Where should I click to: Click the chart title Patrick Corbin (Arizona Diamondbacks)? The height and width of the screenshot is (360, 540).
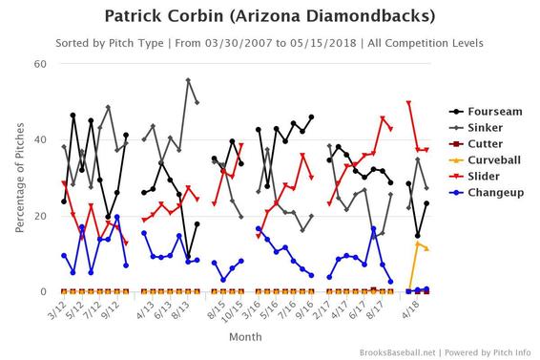(x=270, y=16)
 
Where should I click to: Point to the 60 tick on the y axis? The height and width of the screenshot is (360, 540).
(x=41, y=64)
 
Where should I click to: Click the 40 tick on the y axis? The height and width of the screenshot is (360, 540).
(x=41, y=139)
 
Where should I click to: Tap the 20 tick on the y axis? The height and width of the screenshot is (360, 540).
(x=41, y=216)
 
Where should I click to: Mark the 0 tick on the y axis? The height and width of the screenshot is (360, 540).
(x=44, y=291)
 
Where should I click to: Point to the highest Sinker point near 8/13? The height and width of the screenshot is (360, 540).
(x=188, y=80)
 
